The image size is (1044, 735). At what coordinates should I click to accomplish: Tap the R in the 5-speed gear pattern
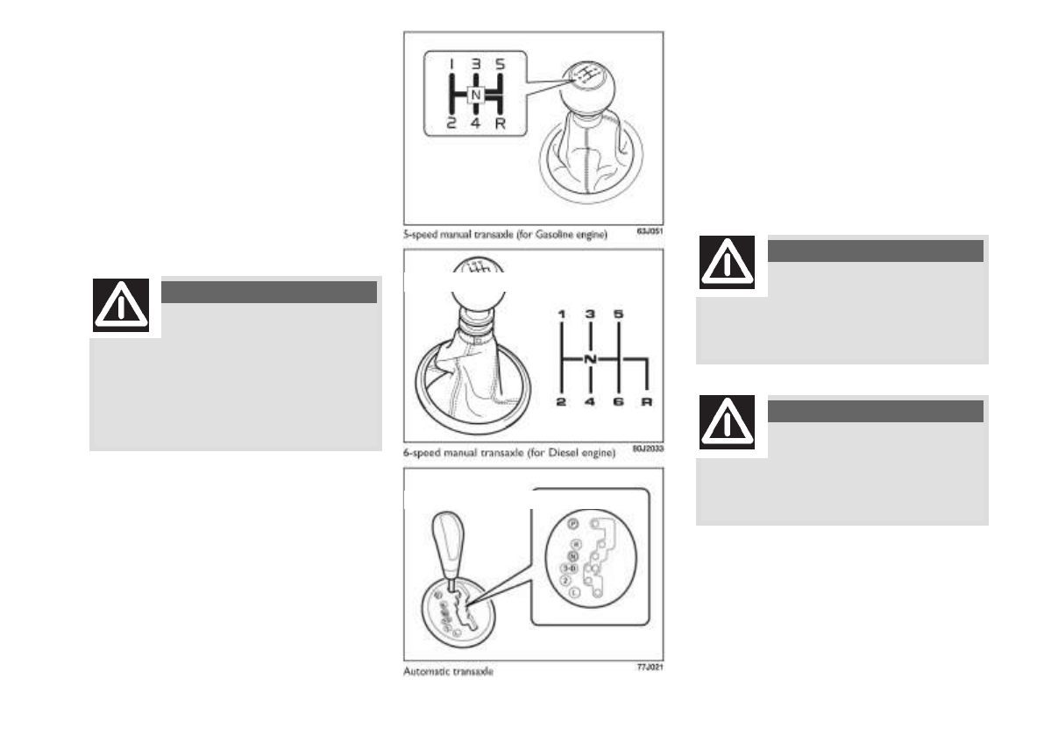(x=500, y=124)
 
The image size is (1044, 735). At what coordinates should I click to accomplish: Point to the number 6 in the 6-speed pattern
(x=619, y=402)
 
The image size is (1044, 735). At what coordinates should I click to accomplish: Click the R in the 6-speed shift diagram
(x=647, y=402)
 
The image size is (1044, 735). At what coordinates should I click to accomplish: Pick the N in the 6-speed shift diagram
(x=590, y=359)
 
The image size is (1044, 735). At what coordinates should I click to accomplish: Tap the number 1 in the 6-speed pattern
(x=561, y=313)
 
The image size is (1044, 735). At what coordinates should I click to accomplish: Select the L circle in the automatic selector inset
(x=572, y=592)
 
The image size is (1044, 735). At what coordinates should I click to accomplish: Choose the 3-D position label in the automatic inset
(x=568, y=568)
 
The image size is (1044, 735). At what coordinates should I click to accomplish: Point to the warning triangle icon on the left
(x=121, y=307)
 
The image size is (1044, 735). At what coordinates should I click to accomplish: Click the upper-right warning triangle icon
(x=728, y=264)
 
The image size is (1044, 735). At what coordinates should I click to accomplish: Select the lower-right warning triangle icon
(x=728, y=424)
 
